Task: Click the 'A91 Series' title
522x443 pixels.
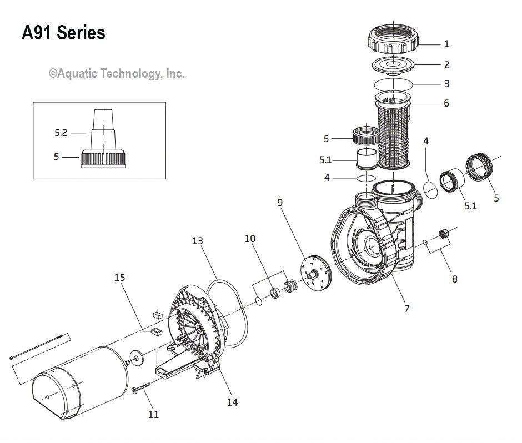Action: tap(63, 33)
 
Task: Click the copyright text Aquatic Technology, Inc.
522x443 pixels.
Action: tap(117, 74)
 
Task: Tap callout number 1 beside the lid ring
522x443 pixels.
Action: tap(446, 44)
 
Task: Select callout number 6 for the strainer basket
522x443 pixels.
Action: tap(446, 103)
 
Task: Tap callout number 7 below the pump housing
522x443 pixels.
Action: tap(406, 308)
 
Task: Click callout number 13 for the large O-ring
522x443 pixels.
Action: tap(198, 241)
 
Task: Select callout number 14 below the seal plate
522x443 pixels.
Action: tap(232, 402)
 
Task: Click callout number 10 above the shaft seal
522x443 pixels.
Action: tap(250, 239)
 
